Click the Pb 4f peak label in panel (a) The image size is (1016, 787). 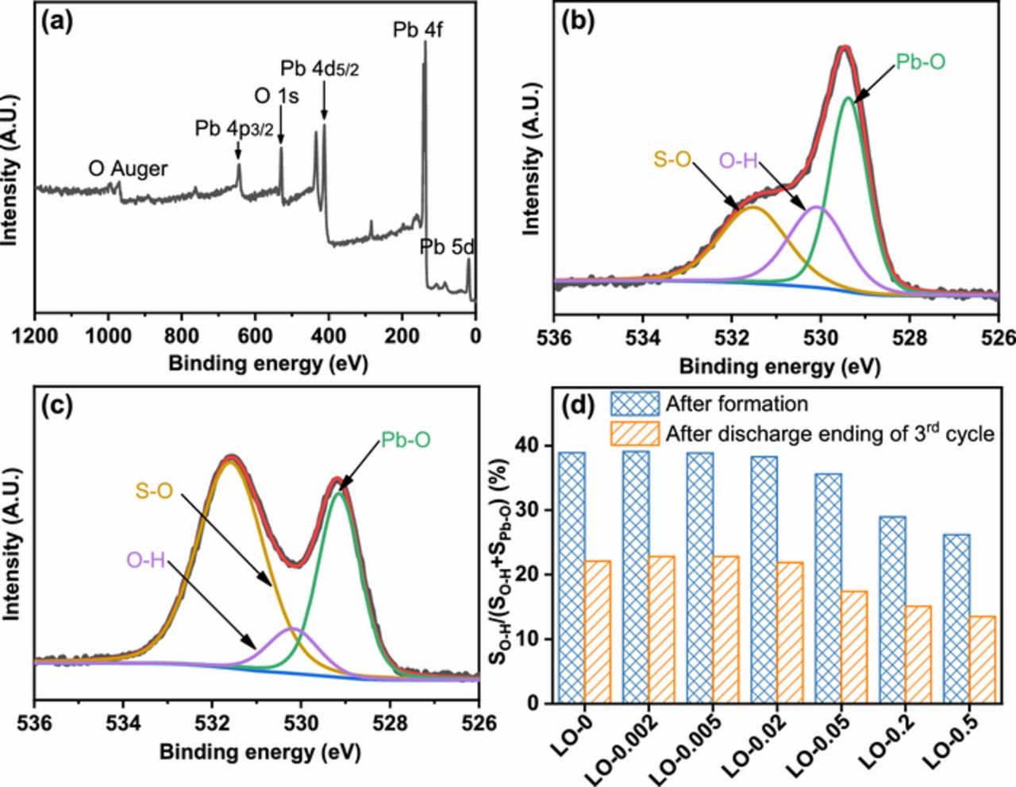tap(418, 30)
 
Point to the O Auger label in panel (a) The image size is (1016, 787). tap(128, 169)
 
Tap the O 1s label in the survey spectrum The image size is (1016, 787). tap(276, 97)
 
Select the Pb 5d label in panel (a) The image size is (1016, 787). tap(448, 248)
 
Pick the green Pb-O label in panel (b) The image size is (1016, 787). tap(921, 62)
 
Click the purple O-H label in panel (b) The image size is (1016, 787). tap(738, 161)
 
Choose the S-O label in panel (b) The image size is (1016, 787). tap(672, 158)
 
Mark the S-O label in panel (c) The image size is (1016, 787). tap(154, 492)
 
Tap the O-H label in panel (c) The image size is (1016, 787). tap(145, 561)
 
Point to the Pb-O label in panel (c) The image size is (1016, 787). tap(406, 440)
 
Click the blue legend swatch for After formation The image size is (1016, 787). tap(635, 404)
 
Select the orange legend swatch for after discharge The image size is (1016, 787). tap(635, 434)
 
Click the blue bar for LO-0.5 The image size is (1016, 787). tap(956, 619)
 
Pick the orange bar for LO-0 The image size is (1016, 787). tap(598, 631)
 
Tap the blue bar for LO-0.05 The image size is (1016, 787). tap(828, 588)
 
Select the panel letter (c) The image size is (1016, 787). tap(57, 406)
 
